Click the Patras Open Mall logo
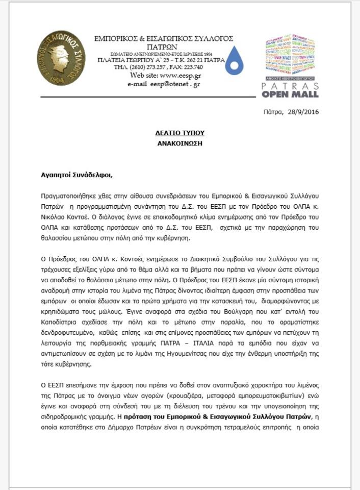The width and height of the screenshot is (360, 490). [290, 66]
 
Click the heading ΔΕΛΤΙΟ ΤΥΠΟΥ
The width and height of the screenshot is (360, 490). [180, 133]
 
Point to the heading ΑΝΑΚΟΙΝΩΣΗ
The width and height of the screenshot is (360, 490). [180, 143]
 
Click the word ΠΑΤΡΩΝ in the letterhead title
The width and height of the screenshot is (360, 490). [164, 46]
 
